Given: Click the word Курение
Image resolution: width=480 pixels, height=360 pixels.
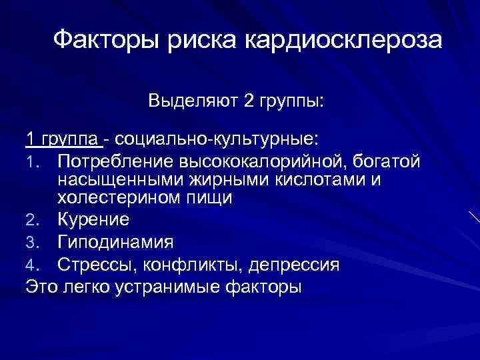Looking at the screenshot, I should pos(93,219).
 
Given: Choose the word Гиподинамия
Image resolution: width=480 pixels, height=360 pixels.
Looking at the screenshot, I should pos(115,241).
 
